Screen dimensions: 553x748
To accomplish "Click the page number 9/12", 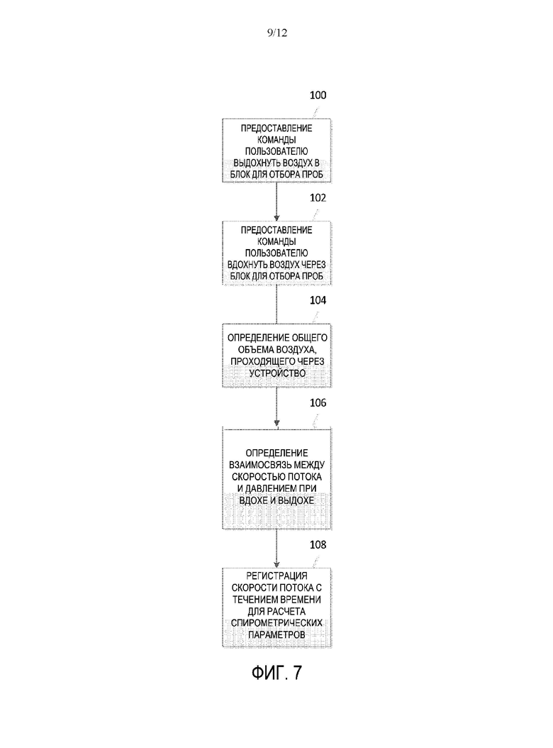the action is coord(277,33).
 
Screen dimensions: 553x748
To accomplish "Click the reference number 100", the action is coord(318,95).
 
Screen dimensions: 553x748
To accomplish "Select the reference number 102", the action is coord(318,197).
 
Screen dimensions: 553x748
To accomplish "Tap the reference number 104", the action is coord(318,300).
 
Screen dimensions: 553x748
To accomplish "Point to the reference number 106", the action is coord(318,402).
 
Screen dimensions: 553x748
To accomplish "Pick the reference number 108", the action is coord(318,544).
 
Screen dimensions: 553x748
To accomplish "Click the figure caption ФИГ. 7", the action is coord(276,673).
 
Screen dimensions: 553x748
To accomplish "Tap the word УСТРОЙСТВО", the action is coord(277,373).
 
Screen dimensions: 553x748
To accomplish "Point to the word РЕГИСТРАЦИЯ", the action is coord(276,576).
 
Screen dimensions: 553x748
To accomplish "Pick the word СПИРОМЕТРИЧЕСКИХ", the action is coord(276,623).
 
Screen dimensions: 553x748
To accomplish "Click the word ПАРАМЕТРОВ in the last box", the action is coord(276,635).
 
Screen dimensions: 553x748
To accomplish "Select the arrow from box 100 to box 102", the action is coord(276,202).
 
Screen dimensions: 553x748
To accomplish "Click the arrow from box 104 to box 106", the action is coord(276,407).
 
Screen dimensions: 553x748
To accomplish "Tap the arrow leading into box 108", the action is coord(276,549).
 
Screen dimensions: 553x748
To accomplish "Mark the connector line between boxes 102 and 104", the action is coord(276,304).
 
